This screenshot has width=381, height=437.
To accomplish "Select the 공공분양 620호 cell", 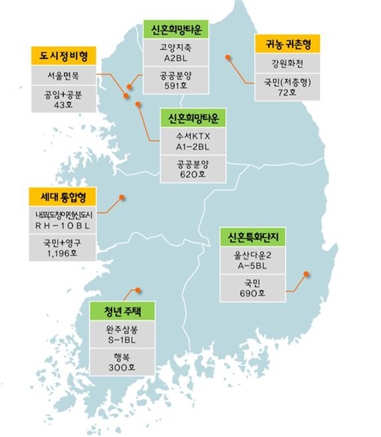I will [x=192, y=170].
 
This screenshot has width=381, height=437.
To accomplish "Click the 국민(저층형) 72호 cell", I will [x=287, y=88].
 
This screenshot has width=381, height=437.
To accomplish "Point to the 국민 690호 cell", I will [x=253, y=287].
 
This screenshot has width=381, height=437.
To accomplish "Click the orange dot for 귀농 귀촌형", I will [x=227, y=58].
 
